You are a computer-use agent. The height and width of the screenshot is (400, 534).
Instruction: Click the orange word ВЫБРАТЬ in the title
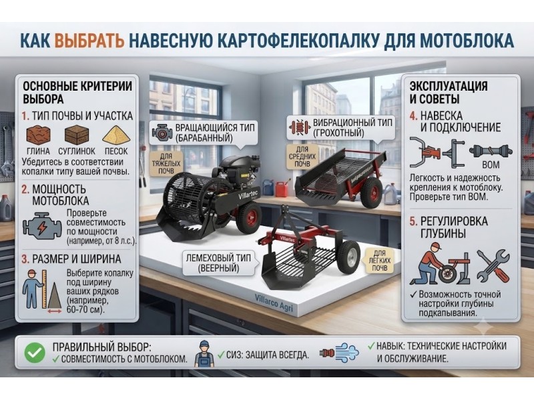[89, 40]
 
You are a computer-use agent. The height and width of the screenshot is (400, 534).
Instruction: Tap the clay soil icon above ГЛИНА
[38, 135]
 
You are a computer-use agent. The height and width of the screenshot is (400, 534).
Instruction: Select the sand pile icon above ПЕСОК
[116, 135]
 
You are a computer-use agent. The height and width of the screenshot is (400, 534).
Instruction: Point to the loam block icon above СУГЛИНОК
[77, 135]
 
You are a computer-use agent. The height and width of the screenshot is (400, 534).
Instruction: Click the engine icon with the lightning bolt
[42, 226]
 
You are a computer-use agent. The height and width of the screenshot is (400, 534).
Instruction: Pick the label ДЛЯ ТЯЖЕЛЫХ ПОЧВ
[166, 163]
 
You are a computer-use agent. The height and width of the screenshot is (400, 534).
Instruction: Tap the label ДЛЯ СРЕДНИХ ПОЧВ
[302, 156]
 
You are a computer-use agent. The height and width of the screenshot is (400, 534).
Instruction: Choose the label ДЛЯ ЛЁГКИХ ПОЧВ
[379, 260]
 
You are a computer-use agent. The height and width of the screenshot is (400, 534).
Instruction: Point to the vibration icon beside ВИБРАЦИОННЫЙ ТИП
[299, 127]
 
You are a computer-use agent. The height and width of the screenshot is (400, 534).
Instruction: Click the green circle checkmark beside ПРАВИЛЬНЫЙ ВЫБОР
[35, 353]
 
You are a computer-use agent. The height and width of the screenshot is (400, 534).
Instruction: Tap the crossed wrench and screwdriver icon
[493, 265]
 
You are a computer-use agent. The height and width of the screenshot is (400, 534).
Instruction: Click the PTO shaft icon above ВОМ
[491, 151]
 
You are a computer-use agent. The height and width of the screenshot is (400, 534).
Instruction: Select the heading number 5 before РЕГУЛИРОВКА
[413, 221]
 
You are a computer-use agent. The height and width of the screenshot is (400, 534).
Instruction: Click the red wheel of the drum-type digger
[249, 217]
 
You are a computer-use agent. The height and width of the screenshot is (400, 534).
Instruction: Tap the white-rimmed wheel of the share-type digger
[349, 257]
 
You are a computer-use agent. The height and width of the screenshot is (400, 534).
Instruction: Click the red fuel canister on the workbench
[281, 189]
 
